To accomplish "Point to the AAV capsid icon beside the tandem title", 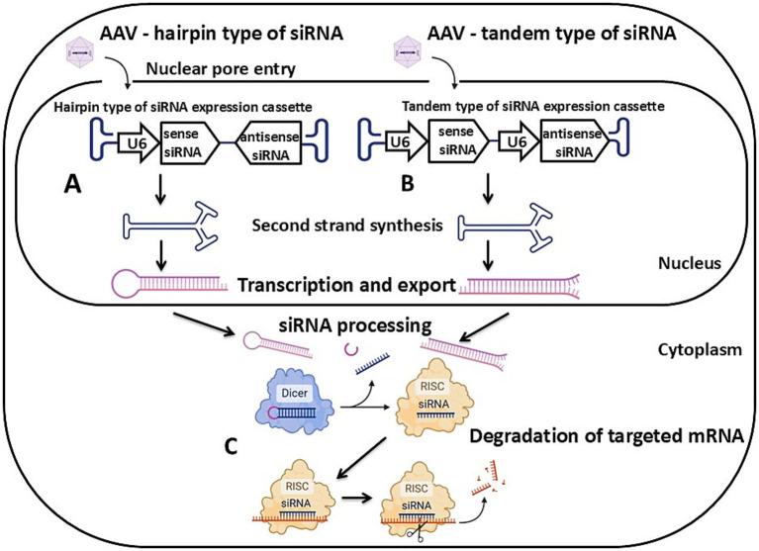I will [407, 46].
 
